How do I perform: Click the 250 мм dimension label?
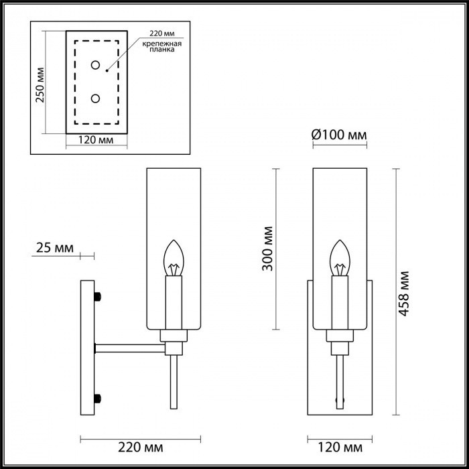coord(40,84)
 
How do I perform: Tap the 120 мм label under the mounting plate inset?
coord(94,141)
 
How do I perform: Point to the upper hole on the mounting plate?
coord(95,66)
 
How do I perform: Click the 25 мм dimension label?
coord(54,248)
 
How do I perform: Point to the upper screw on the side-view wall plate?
coord(98,296)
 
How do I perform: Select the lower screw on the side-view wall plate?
coord(98,398)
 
